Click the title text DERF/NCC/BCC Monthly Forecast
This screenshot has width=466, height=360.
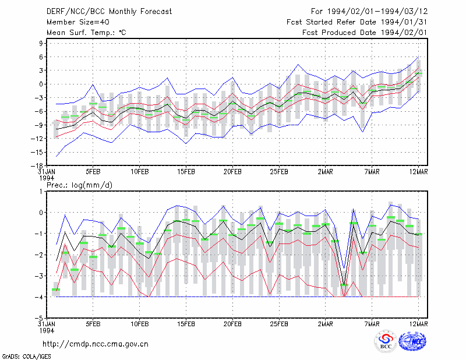point(109,12)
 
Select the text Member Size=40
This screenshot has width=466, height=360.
point(78,22)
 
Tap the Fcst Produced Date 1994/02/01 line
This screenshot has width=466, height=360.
point(365,33)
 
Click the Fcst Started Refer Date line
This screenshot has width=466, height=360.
point(357,22)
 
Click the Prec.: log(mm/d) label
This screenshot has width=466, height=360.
point(79,185)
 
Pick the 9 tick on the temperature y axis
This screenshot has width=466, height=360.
point(41,44)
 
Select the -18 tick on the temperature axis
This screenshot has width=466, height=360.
point(37,166)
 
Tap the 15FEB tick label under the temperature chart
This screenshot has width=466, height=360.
point(186,172)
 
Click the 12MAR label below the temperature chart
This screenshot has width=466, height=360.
point(418,172)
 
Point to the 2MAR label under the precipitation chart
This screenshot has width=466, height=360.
point(326,324)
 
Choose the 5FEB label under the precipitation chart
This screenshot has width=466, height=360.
point(93,324)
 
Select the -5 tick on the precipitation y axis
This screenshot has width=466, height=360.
point(39,319)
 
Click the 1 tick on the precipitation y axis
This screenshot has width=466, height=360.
point(41,191)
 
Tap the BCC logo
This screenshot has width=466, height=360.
point(386,342)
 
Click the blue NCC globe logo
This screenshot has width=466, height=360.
point(412,341)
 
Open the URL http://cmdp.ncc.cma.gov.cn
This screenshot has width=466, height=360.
point(96,344)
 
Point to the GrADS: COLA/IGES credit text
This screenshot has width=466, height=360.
point(26,357)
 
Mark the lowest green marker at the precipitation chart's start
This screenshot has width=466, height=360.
point(56,290)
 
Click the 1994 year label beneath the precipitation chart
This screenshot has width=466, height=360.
point(47,330)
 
